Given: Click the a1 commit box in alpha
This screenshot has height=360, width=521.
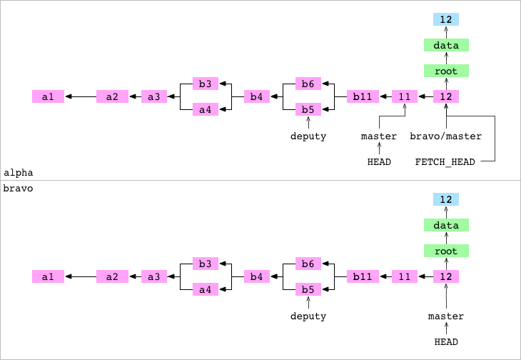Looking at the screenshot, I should click(x=48, y=96).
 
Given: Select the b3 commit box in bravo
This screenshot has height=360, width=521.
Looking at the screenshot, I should click(x=205, y=264).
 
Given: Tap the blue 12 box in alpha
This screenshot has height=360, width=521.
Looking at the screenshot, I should click(x=446, y=19).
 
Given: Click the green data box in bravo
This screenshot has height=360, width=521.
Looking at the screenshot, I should click(x=446, y=225).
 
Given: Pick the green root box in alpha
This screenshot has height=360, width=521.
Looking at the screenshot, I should click(x=446, y=71).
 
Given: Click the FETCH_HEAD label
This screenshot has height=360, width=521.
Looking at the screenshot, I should click(x=445, y=162).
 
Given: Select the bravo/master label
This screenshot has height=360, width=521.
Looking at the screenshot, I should click(x=446, y=136).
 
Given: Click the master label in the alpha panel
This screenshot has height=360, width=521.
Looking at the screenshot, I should click(x=379, y=136).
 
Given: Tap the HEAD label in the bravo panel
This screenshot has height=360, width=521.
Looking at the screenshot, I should click(x=446, y=342).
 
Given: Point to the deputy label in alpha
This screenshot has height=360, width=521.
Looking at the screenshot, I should click(x=308, y=136).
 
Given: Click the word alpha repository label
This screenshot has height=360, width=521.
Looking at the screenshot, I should click(x=19, y=173).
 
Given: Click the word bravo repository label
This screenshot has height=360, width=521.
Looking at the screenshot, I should click(x=19, y=189).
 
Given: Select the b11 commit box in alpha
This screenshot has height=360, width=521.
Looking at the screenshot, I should click(x=363, y=96).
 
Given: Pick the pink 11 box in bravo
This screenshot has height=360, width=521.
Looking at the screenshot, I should click(x=405, y=276).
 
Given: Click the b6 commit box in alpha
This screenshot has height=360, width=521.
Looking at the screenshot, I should click(x=308, y=84).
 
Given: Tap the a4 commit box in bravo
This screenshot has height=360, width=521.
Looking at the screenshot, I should click(x=205, y=289).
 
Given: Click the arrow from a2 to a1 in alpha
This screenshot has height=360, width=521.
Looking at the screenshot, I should click(x=81, y=96).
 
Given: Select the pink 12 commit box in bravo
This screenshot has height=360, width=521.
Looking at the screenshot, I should click(x=446, y=276).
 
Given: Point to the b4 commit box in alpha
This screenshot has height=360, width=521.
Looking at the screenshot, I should click(x=256, y=96).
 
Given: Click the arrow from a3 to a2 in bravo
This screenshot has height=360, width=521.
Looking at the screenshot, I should click(x=135, y=276).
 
